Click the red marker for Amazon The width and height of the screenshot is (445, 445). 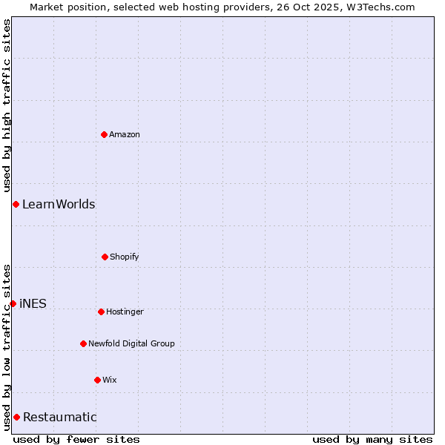105,134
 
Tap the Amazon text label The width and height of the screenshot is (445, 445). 125,134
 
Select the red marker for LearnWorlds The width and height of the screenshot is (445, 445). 16,204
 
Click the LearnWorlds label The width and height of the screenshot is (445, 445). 59,204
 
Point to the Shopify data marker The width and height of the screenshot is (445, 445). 105,257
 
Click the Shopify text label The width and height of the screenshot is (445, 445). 125,257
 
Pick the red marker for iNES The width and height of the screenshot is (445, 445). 13,303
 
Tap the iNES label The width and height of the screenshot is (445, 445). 33,303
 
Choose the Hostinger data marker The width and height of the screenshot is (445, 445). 101,311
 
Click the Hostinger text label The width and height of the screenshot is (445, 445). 125,311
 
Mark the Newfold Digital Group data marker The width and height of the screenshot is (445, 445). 83,343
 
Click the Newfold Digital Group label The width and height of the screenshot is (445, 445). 131,343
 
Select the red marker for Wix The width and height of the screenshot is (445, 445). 97,380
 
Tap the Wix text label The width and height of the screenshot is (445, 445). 110,380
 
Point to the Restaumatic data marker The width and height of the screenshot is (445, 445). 16,417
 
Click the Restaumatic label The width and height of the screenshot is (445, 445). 59,417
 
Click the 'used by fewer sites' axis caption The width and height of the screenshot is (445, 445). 76,439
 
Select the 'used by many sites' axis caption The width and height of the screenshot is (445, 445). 372,439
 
